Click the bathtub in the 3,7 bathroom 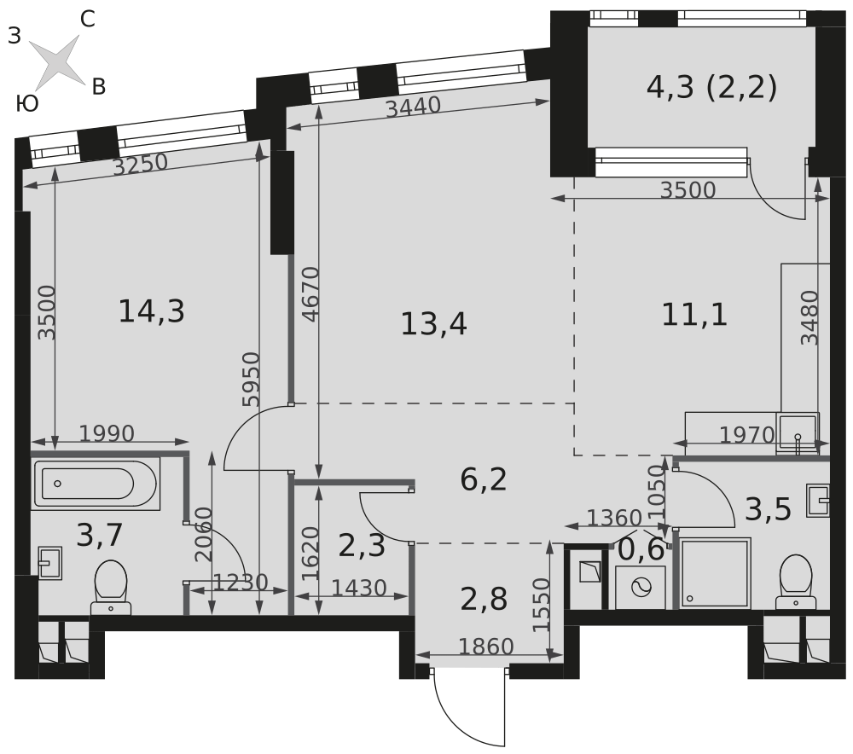(x=96, y=484)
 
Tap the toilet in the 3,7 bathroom (x=111, y=588)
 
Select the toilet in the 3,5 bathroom (x=796, y=582)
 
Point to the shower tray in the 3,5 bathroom (x=715, y=573)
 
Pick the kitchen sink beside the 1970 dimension (x=798, y=433)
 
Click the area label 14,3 (x=151, y=311)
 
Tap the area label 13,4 (x=433, y=324)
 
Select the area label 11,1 (x=694, y=315)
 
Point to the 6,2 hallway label (x=483, y=480)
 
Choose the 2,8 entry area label (x=484, y=600)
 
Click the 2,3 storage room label (x=362, y=546)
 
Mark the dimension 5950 (x=252, y=380)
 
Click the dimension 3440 (x=413, y=107)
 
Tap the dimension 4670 (x=310, y=293)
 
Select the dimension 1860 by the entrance (x=486, y=647)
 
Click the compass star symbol (x=56, y=61)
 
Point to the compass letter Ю (x=27, y=103)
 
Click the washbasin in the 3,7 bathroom (x=50, y=563)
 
